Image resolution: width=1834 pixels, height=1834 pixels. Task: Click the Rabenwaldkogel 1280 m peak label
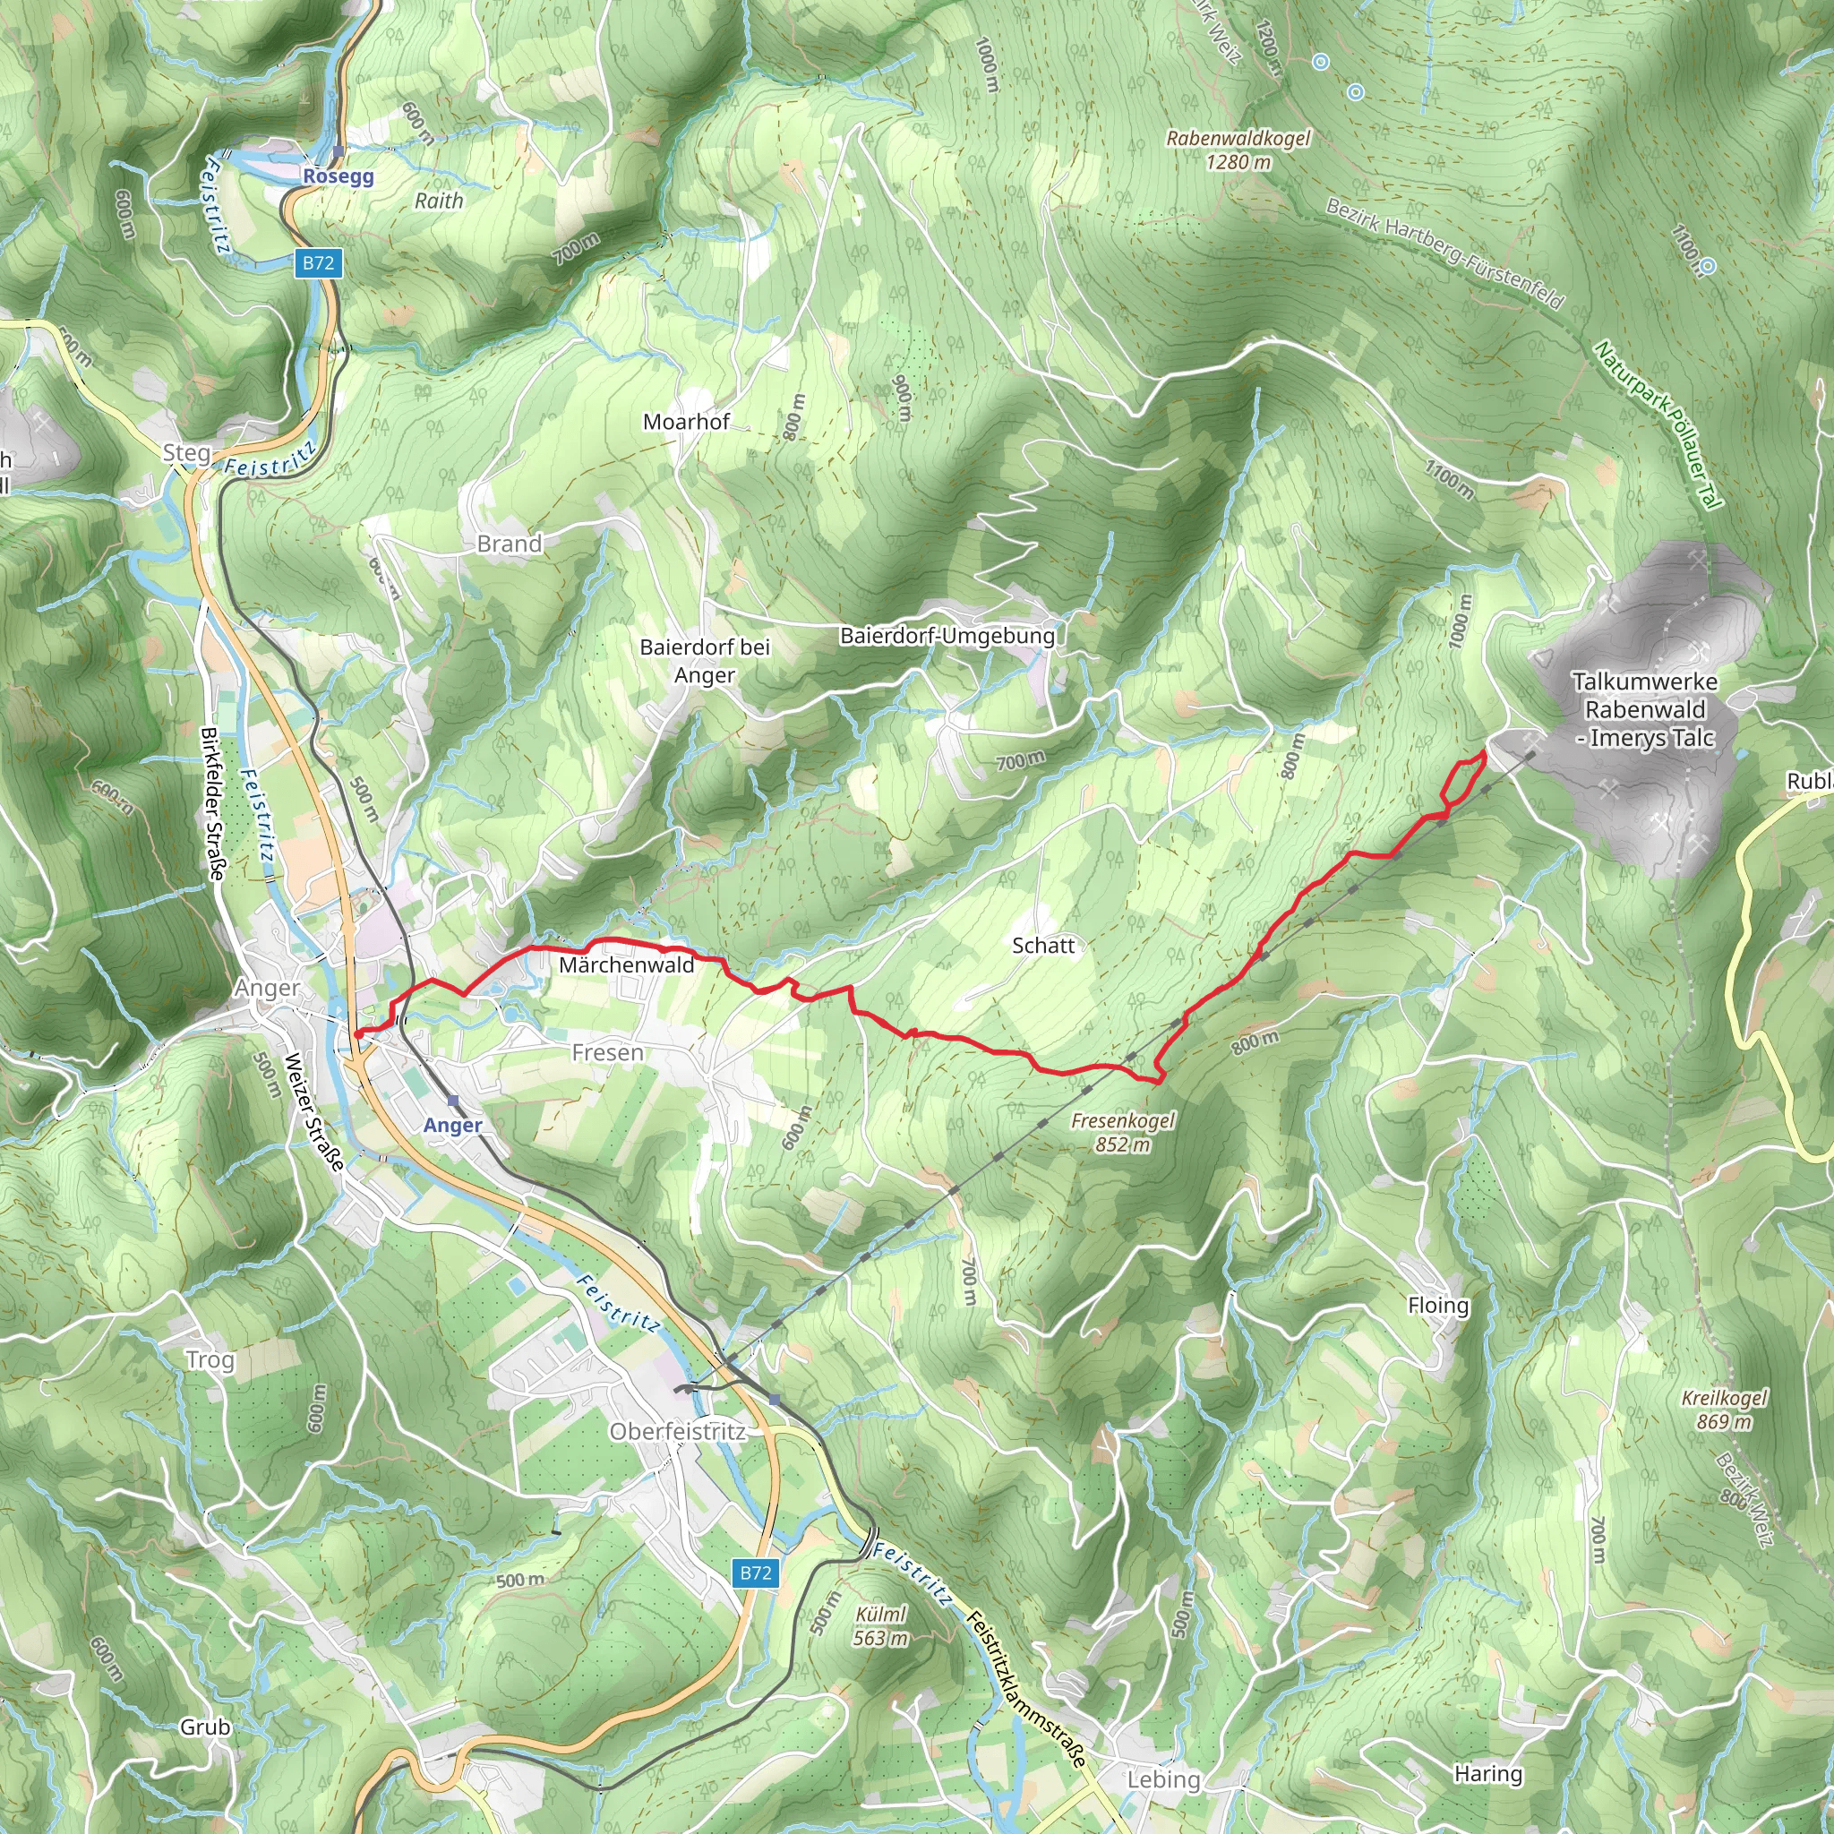click(x=1238, y=150)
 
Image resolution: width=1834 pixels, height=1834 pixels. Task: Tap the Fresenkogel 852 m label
click(x=1123, y=1133)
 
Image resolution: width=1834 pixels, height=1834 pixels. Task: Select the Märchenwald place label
click(x=627, y=964)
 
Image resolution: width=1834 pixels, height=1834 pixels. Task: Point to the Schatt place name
click(x=1043, y=946)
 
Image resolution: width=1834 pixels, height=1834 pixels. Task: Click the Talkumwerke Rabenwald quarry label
click(x=1645, y=709)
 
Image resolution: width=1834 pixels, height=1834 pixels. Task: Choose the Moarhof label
click(x=686, y=422)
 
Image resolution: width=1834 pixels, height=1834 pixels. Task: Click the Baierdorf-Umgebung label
click(x=947, y=635)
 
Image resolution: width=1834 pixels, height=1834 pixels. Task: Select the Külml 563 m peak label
click(x=881, y=1626)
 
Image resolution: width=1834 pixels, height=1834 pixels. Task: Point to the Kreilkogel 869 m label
click(x=1724, y=1410)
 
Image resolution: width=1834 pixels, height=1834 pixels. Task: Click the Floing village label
click(x=1438, y=1306)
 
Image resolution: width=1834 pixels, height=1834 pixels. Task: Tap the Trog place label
click(x=210, y=1359)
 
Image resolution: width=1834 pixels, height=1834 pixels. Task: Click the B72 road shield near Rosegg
click(x=318, y=263)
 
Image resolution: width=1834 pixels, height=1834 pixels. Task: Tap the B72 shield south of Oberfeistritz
click(x=756, y=1573)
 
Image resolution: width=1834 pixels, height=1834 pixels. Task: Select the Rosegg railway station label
click(x=339, y=176)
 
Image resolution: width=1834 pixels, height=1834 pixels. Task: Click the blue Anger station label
click(x=453, y=1125)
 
